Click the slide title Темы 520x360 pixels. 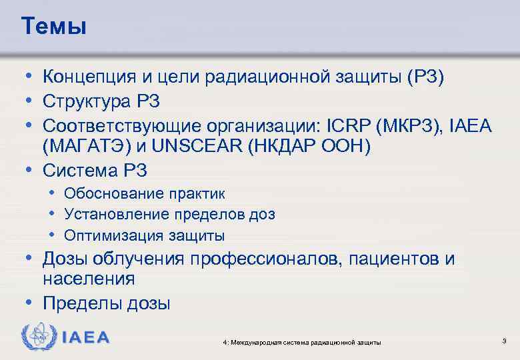coord(53,26)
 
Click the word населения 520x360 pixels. coord(89,279)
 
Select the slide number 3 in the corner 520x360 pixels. coord(504,341)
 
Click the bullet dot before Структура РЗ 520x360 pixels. coord(32,102)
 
